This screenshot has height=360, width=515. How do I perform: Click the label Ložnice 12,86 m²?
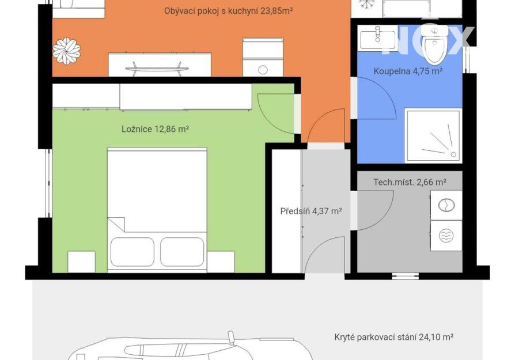coord(155,129)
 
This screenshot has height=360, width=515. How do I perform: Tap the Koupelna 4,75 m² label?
coord(408,71)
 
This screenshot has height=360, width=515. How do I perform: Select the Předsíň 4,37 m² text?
coord(311,211)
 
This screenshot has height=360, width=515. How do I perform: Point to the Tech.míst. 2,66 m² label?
coord(410,182)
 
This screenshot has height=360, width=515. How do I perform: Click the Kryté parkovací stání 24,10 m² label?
coord(394,337)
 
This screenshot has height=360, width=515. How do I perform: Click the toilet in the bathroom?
coord(434,44)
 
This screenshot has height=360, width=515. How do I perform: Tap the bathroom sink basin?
coord(378,39)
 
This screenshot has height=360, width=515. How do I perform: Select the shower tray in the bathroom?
coord(433,136)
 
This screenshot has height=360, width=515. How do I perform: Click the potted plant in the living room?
coord(67,51)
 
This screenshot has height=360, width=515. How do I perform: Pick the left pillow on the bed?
coord(132,252)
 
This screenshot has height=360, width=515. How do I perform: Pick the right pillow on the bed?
coord(182,252)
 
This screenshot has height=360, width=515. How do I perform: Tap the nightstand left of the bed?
coord(81,262)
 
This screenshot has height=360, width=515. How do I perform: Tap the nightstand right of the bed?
coord(221,262)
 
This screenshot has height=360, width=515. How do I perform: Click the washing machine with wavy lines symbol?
coord(446,236)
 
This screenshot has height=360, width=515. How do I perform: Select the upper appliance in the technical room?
coord(446,205)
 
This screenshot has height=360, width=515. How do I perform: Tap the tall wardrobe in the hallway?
coord(287,211)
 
